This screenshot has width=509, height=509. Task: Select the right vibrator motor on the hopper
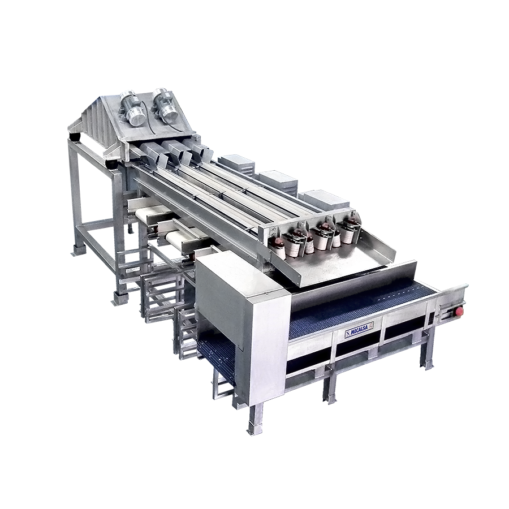[x=166, y=104]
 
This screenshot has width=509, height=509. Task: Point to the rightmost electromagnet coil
[x=350, y=229]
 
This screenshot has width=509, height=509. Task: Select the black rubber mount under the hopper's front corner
[x=114, y=165]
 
